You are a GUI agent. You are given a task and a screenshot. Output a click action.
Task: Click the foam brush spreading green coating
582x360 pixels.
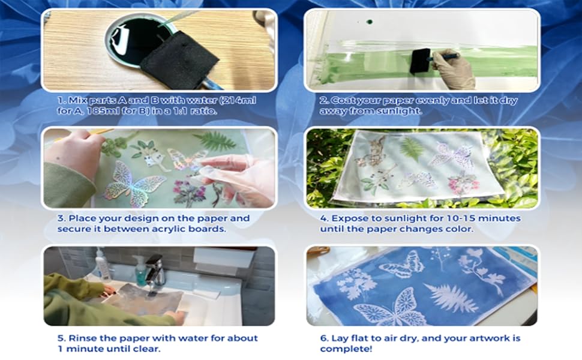[424, 62]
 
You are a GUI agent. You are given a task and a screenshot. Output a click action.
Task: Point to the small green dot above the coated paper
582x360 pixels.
[368, 22]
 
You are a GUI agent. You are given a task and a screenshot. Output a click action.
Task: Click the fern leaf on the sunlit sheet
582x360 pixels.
[412, 148]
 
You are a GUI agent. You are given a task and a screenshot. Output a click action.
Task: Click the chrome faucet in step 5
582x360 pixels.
[155, 270]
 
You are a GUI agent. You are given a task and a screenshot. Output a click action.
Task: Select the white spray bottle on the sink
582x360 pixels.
[103, 265]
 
